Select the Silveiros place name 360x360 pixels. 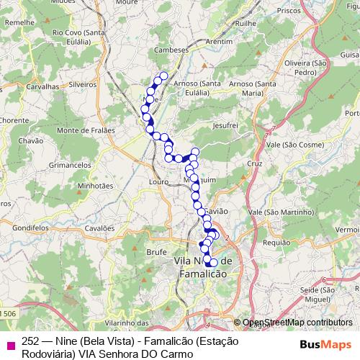point(83,84)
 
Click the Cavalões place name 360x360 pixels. point(99,228)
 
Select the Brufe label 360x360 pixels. point(156,252)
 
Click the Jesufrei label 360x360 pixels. point(225,125)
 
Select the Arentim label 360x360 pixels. point(217,42)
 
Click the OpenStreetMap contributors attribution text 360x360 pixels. point(297,323)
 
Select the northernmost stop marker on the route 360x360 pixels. point(163,76)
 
